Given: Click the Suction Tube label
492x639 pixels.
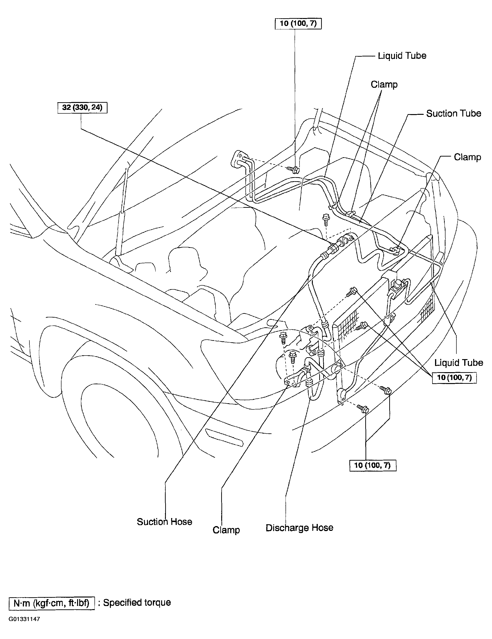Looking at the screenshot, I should tap(453, 114).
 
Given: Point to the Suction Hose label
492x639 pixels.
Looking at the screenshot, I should tap(164, 522).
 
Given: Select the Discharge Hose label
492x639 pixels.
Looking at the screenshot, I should tap(299, 528).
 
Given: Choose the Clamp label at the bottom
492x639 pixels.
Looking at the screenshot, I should tap(226, 530).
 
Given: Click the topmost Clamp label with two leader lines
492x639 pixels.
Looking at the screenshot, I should tap(384, 84).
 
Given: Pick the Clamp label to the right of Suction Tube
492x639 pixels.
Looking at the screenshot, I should tap(467, 157).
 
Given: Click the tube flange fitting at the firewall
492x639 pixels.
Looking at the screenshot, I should tap(238, 159).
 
